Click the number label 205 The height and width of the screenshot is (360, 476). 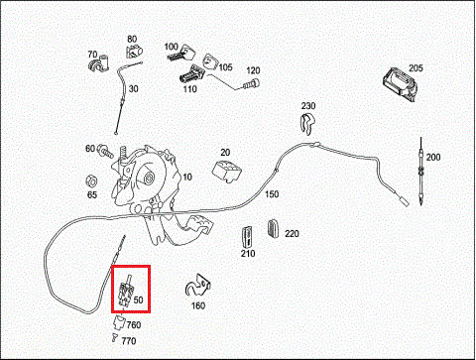[416, 68]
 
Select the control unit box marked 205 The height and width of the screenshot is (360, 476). [400, 84]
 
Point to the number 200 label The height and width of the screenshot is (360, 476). [433, 157]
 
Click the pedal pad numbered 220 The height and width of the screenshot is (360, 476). [273, 228]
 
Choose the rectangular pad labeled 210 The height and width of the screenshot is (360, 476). [247, 237]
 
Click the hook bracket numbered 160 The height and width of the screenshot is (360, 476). [197, 286]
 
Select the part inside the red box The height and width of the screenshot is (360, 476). [125, 292]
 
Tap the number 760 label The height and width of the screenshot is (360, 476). [134, 325]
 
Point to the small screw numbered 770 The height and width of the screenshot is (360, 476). [114, 338]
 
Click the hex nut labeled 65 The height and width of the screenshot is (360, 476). [91, 181]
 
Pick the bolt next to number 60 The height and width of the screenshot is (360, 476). [105, 151]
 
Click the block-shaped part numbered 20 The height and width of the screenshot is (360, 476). [226, 171]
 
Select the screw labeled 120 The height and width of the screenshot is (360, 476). [251, 84]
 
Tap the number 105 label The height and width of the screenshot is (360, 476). [226, 67]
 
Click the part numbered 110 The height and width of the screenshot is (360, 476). [191, 74]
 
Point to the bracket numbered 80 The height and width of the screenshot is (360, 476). [134, 52]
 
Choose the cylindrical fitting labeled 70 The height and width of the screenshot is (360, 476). [99, 63]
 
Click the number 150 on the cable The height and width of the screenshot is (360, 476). [272, 194]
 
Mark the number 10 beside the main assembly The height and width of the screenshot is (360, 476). [187, 177]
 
